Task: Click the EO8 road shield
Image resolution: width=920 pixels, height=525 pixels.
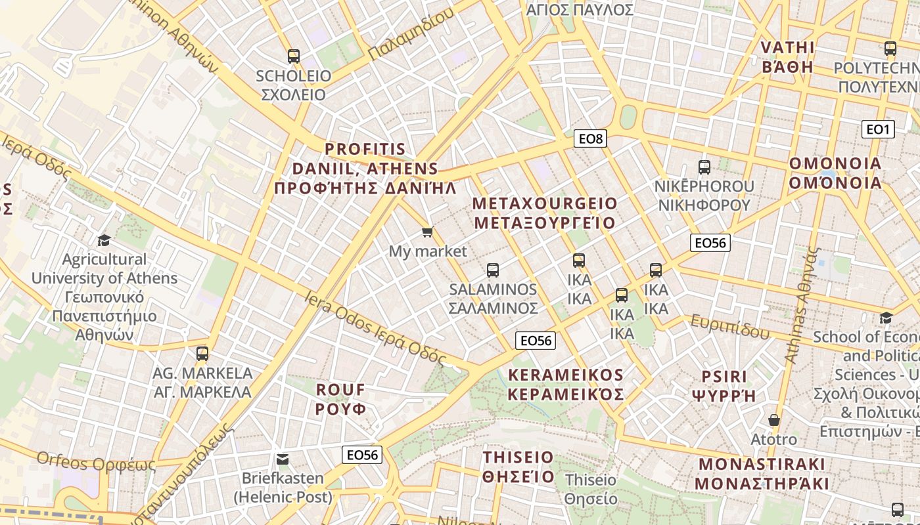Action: [590, 138]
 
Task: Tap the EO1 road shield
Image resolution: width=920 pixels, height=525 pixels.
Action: [878, 129]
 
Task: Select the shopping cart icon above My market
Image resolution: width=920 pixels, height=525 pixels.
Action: [428, 232]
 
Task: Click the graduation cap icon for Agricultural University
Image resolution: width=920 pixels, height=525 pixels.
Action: [104, 240]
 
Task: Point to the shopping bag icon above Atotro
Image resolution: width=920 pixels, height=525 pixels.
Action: [774, 420]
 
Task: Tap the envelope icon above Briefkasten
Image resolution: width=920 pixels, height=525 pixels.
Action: [283, 459]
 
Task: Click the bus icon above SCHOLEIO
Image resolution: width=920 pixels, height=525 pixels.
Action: [293, 56]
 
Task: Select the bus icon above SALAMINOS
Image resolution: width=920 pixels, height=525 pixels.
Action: [493, 270]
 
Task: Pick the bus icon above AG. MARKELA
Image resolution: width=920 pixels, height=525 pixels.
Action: [202, 354]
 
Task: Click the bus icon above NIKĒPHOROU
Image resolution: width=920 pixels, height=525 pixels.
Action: [704, 167]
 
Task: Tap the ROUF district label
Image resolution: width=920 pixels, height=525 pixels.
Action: [340, 399]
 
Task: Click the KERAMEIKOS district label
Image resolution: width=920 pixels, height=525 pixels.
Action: [565, 385]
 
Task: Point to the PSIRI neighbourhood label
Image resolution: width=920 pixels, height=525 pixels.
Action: [724, 386]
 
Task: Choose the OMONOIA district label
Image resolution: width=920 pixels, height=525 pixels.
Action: [835, 173]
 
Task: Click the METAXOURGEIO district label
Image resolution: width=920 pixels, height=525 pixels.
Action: [545, 213]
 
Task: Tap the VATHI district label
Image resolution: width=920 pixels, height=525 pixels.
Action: [787, 57]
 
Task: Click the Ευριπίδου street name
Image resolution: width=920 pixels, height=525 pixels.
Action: [729, 326]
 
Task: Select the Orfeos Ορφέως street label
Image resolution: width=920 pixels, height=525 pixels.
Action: [96, 462]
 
